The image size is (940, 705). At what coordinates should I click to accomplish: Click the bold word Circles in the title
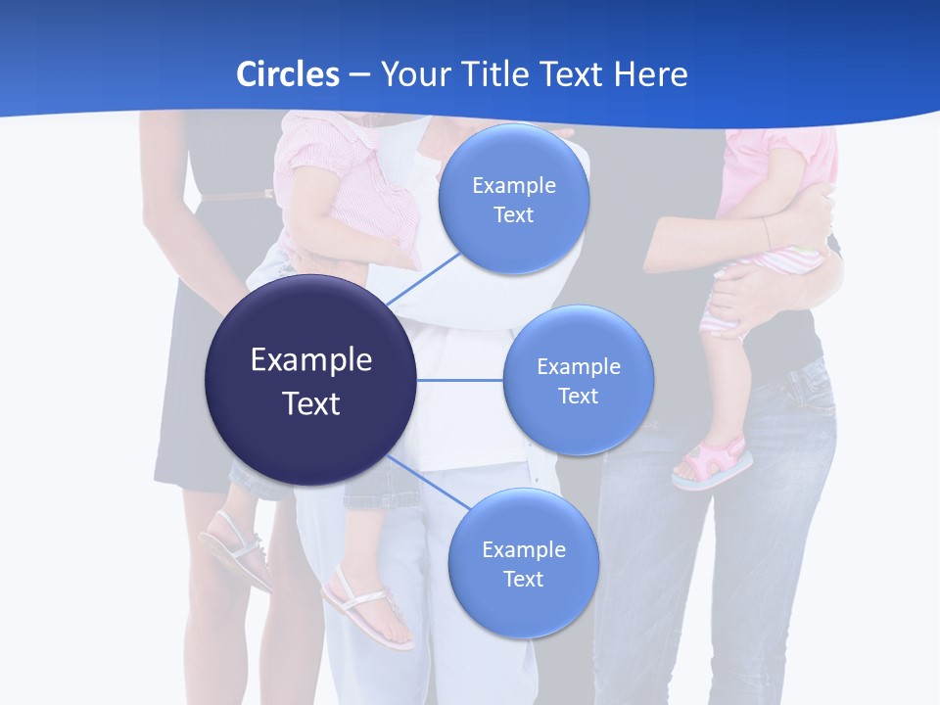[287, 74]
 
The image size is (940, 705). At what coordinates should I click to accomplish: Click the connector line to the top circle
[423, 278]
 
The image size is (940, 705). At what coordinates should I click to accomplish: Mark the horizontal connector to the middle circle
[460, 380]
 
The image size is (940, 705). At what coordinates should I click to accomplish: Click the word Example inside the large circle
[311, 360]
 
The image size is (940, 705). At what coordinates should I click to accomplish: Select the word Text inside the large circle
[311, 403]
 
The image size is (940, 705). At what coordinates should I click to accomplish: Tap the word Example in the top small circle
[514, 186]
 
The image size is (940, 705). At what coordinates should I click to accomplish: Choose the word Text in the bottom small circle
[523, 579]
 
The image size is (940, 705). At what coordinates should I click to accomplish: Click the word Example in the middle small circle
[579, 367]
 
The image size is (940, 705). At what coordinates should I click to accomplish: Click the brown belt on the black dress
[235, 195]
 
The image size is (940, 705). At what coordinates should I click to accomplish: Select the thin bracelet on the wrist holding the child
[767, 232]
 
